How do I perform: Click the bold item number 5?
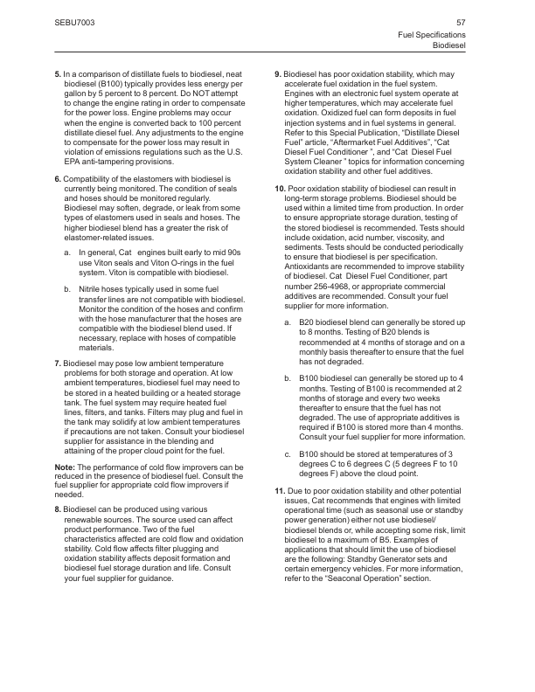click(57, 76)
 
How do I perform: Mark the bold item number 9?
click(277, 76)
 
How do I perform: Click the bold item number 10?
click(279, 190)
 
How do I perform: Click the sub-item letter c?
click(288, 454)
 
